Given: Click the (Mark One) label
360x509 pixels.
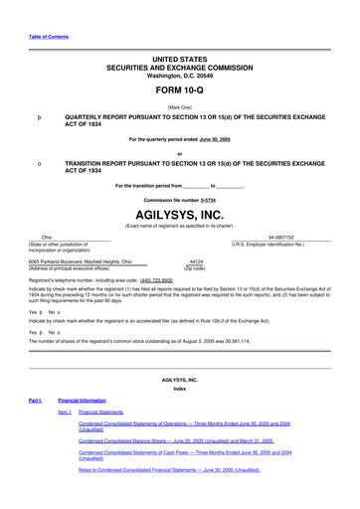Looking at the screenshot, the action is click(179, 105).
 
